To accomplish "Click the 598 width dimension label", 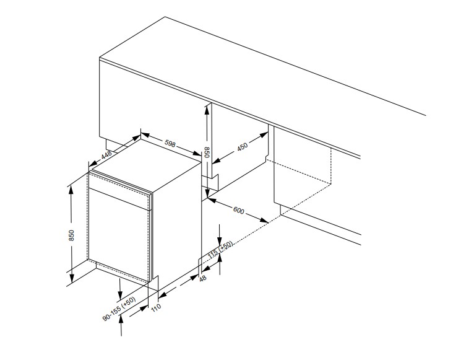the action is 170,143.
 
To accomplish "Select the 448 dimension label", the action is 106,155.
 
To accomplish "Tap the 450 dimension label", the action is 243,147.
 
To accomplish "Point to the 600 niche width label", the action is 238,210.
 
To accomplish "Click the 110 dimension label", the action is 156,307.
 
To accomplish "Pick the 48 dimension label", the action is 202,278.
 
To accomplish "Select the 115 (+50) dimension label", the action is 221,250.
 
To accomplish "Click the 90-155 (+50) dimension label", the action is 119,309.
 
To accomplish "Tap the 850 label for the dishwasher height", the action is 71,235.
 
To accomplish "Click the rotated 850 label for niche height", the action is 207,152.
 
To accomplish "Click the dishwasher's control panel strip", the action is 120,190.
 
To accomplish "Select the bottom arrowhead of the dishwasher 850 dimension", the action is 71,278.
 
